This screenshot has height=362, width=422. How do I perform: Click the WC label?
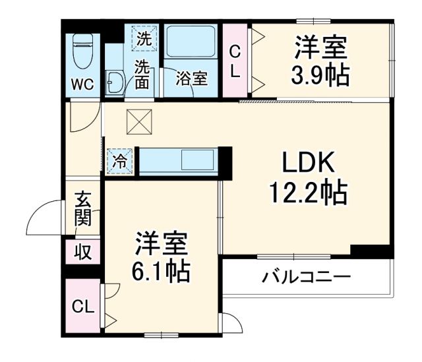tap(83, 84)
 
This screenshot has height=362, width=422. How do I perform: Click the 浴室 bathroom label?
tap(192, 78)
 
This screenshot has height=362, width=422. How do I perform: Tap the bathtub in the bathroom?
tap(192, 43)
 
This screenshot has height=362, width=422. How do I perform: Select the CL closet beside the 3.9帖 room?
tap(235, 61)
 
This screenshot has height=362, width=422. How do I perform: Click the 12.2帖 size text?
tap(308, 193)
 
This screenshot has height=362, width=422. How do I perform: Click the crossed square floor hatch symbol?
tap(139, 119)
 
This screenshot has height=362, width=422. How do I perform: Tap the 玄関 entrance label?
tap(83, 208)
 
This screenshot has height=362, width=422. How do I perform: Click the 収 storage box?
tap(82, 251)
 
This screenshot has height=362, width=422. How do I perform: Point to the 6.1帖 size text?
tap(162, 270)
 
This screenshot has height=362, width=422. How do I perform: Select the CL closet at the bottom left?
tap(82, 307)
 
